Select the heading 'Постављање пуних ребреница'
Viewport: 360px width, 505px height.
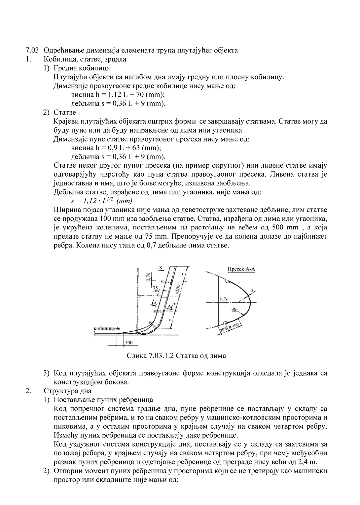tap(103, 400)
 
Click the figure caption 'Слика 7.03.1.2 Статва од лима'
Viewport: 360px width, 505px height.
tap(176, 355)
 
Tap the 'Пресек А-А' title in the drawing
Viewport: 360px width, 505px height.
tap(241, 269)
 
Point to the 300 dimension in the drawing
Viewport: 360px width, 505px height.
tap(129, 343)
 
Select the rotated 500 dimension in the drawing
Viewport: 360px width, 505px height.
tap(178, 287)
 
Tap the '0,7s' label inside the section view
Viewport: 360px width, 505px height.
tap(224, 299)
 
